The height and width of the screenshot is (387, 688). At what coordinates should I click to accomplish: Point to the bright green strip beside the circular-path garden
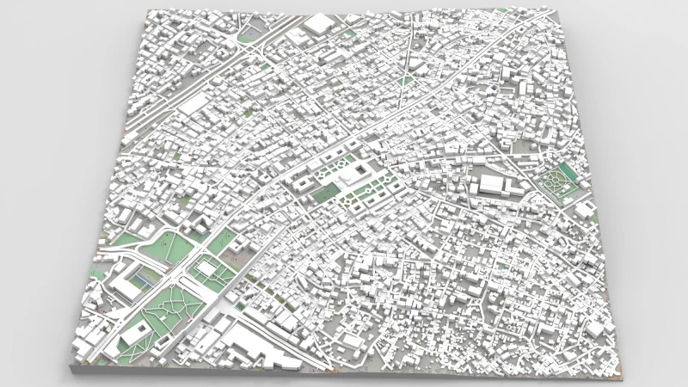pos(567,169)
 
